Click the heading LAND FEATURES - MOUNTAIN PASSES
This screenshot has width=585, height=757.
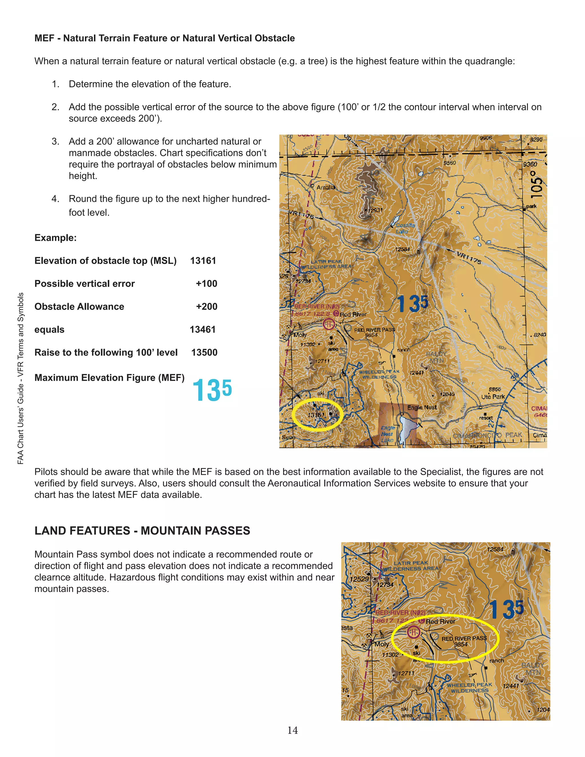click(x=142, y=531)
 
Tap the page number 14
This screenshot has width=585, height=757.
click(x=292, y=730)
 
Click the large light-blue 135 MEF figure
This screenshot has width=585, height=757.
click(x=212, y=390)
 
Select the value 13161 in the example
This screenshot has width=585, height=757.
click(x=203, y=261)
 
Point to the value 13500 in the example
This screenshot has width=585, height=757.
click(x=204, y=353)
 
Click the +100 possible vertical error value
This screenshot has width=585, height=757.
click(x=207, y=284)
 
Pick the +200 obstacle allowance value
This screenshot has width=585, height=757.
click(x=207, y=307)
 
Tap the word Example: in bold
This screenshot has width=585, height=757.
click(x=55, y=238)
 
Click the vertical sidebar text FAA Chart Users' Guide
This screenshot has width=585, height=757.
click(x=21, y=378)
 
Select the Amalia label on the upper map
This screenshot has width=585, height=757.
click(x=325, y=187)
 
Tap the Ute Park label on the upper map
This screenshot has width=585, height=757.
click(x=492, y=397)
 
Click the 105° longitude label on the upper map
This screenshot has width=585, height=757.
click(x=536, y=183)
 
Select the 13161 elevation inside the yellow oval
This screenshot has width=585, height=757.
click(x=316, y=415)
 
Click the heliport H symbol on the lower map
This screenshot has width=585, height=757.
click(x=413, y=632)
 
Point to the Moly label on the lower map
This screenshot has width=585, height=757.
click(x=382, y=644)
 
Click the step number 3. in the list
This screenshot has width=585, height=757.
click(x=55, y=141)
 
